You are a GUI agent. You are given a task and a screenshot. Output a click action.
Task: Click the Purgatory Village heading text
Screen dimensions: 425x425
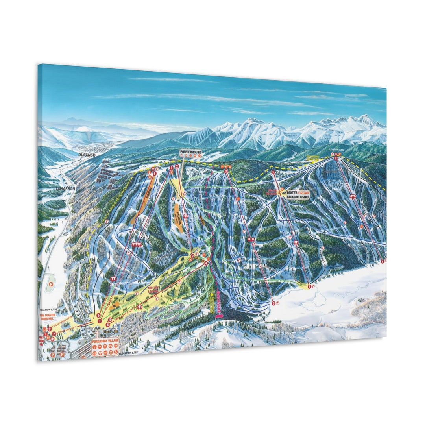tap(105, 342)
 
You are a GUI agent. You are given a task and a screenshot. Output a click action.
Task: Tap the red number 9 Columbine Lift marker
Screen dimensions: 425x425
tap(49, 329)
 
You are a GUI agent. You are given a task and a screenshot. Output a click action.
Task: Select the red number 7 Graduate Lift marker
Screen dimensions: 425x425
tap(54, 334)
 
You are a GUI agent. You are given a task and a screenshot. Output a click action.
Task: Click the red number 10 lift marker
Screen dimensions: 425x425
tap(110, 320)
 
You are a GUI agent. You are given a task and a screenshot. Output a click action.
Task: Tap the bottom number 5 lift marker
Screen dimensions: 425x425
tap(309, 286)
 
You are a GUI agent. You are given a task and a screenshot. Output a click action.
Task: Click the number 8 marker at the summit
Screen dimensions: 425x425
tap(336, 159)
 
